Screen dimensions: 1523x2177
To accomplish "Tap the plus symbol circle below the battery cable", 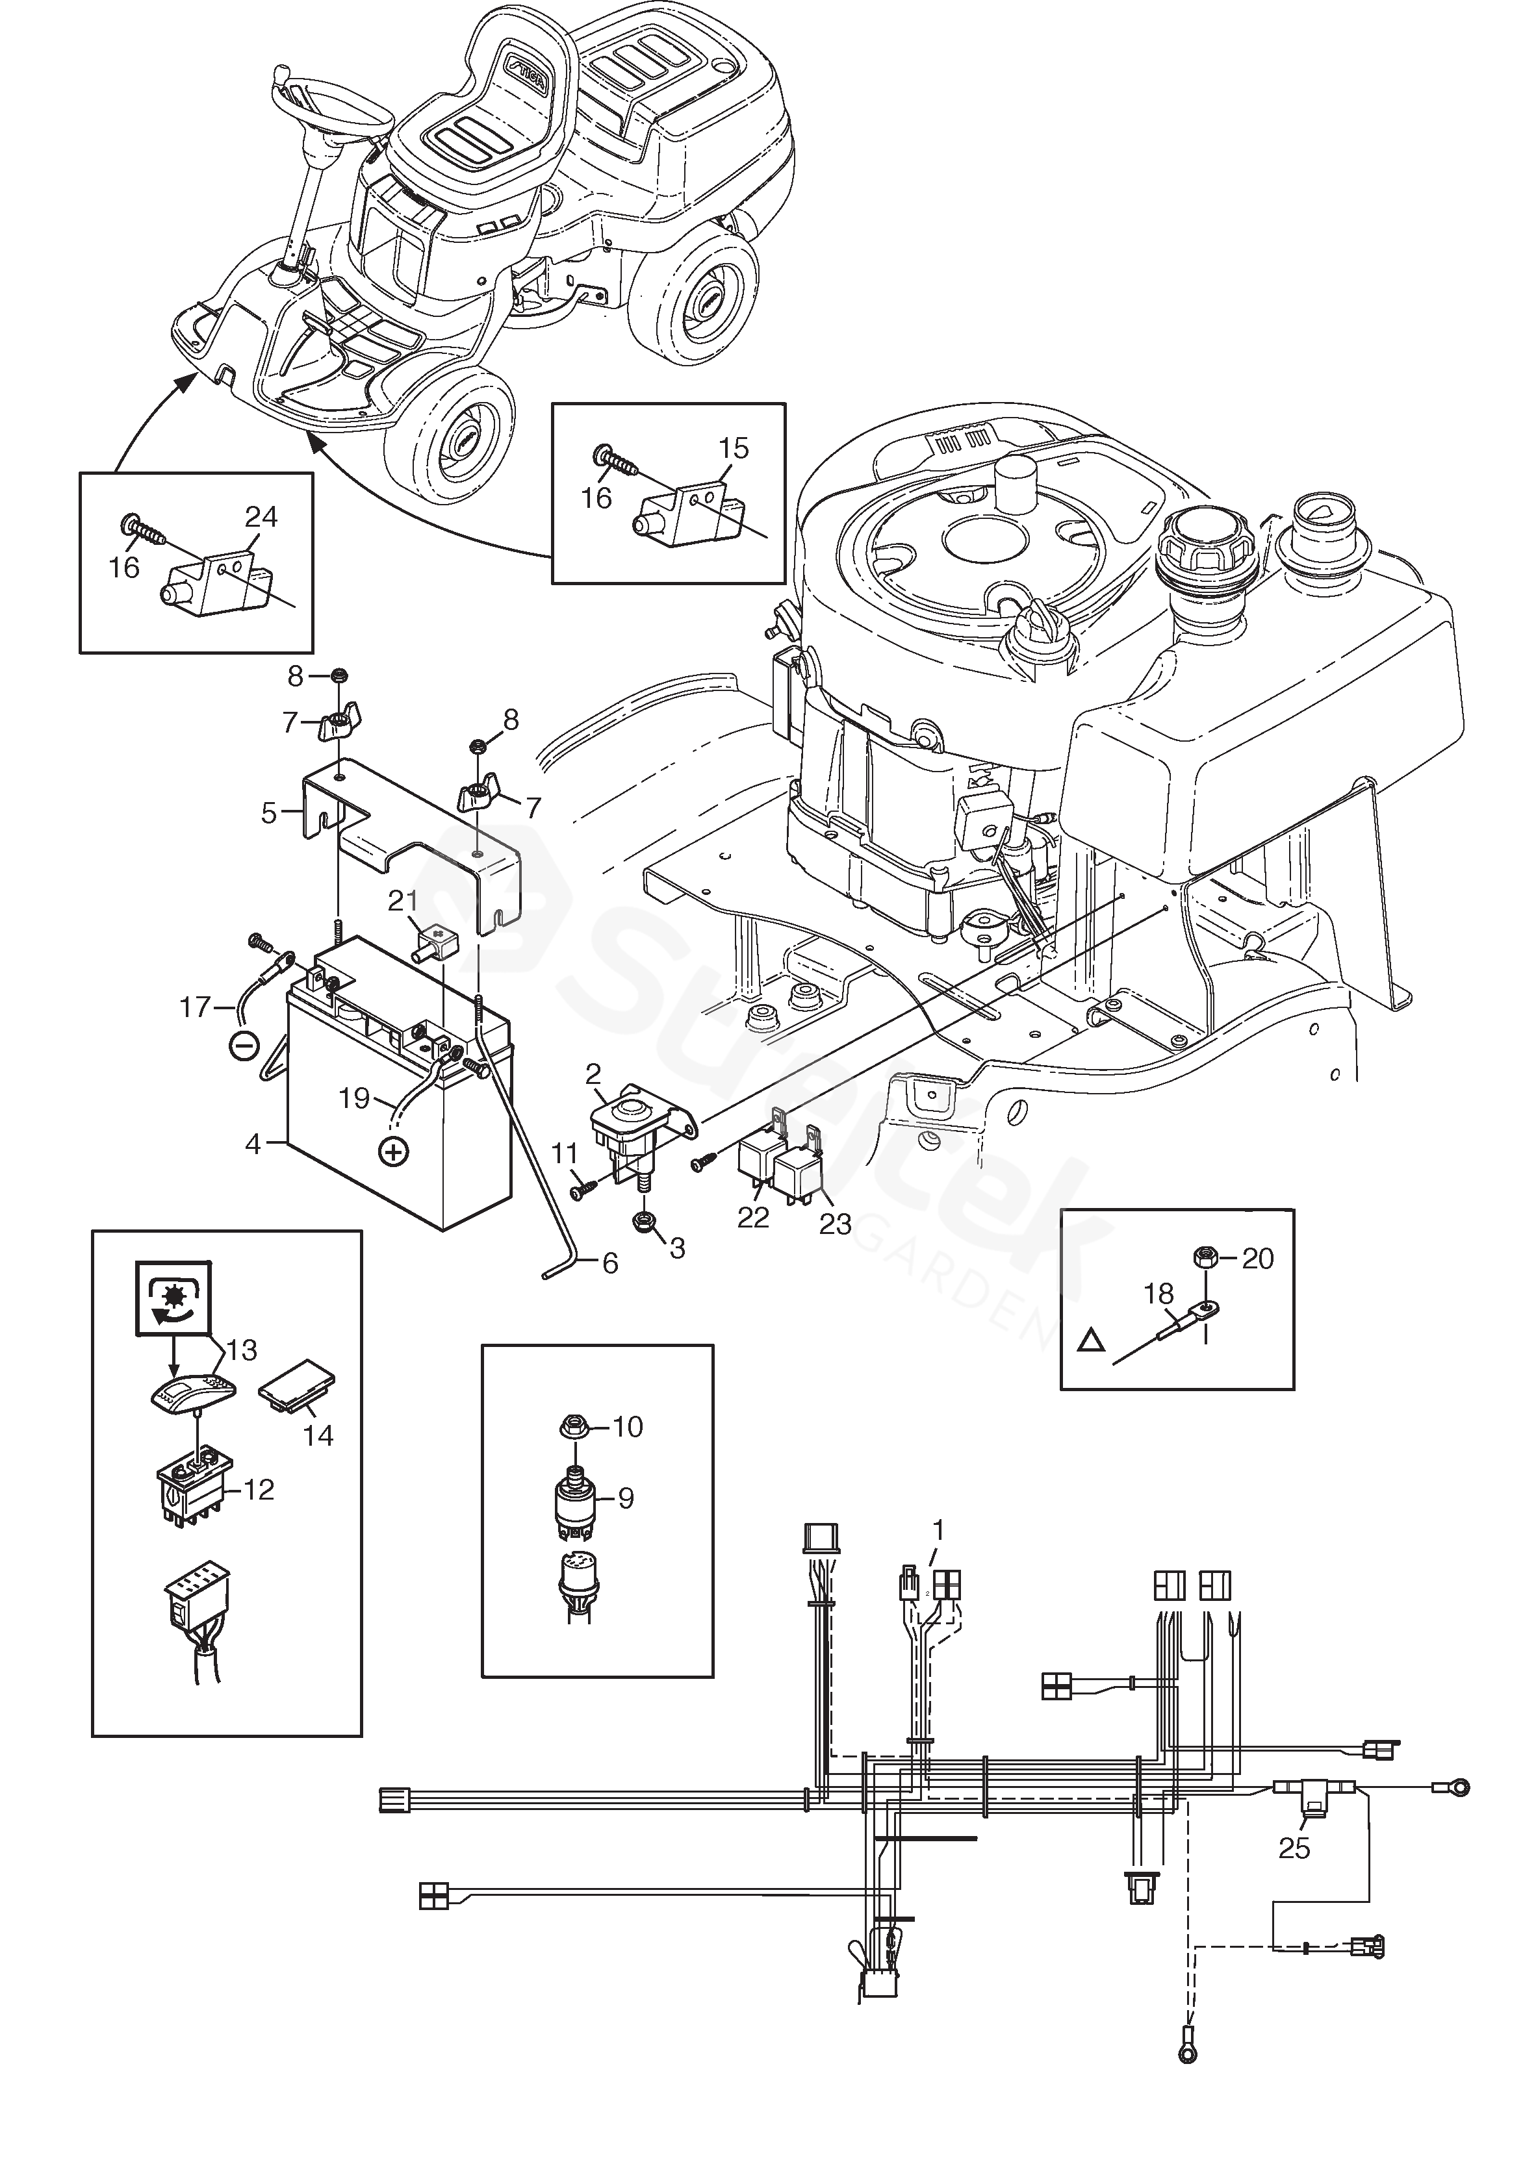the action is point(392,1152).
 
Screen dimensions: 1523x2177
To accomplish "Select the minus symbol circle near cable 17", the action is point(244,1046).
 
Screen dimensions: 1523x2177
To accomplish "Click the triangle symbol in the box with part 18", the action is point(1092,1340).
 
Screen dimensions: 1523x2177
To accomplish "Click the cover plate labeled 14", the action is point(297,1392).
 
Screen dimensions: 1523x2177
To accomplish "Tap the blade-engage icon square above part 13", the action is point(173,1299).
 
